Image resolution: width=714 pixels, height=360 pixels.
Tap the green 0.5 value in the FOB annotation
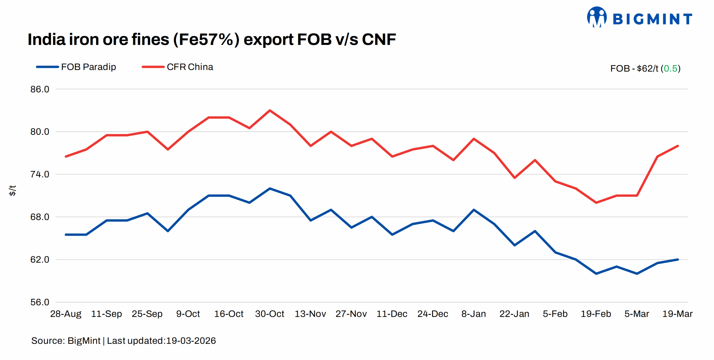670,69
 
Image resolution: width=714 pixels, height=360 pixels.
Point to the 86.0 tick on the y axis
40,89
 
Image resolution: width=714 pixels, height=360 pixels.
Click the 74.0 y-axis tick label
40,174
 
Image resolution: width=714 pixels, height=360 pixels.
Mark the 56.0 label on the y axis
40,302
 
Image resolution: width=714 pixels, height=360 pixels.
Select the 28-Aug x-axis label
66,314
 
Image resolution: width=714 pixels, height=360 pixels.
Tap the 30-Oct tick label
269,314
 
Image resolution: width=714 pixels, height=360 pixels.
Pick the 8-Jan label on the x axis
474,314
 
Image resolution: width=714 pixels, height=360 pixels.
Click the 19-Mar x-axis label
677,314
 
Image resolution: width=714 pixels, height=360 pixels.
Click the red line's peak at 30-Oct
270,110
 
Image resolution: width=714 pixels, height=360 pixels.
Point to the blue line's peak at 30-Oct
270,189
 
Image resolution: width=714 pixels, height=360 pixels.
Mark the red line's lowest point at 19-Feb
596,203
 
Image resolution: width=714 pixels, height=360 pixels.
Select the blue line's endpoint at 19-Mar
678,260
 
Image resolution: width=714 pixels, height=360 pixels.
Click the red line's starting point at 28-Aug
66,156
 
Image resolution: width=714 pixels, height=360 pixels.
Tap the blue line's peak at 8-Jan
474,210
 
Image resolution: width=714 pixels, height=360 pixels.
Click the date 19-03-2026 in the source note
191,341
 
